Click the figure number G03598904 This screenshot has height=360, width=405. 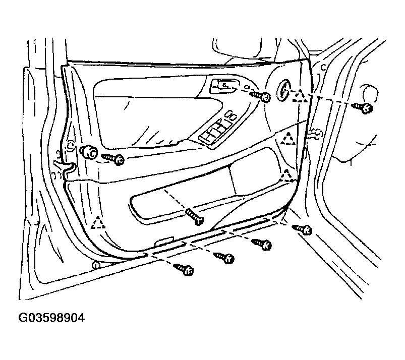coord(51,318)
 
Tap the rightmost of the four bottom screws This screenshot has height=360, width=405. coord(302,230)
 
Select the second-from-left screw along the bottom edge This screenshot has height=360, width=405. coord(223,257)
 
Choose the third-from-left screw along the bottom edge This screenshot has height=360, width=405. coord(262,244)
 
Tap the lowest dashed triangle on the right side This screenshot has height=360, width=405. coord(286,175)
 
